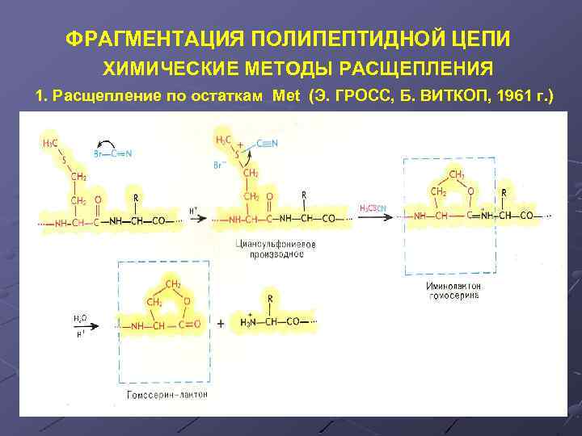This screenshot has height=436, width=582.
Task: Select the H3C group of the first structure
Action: tap(50, 144)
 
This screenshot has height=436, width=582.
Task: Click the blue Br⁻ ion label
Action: tap(217, 166)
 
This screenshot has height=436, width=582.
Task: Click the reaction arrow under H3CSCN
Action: tap(373, 216)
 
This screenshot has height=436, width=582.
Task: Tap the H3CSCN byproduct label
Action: tap(373, 208)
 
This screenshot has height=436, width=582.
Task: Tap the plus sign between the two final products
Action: tap(221, 324)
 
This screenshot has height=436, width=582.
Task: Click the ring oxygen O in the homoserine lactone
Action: tap(187, 300)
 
